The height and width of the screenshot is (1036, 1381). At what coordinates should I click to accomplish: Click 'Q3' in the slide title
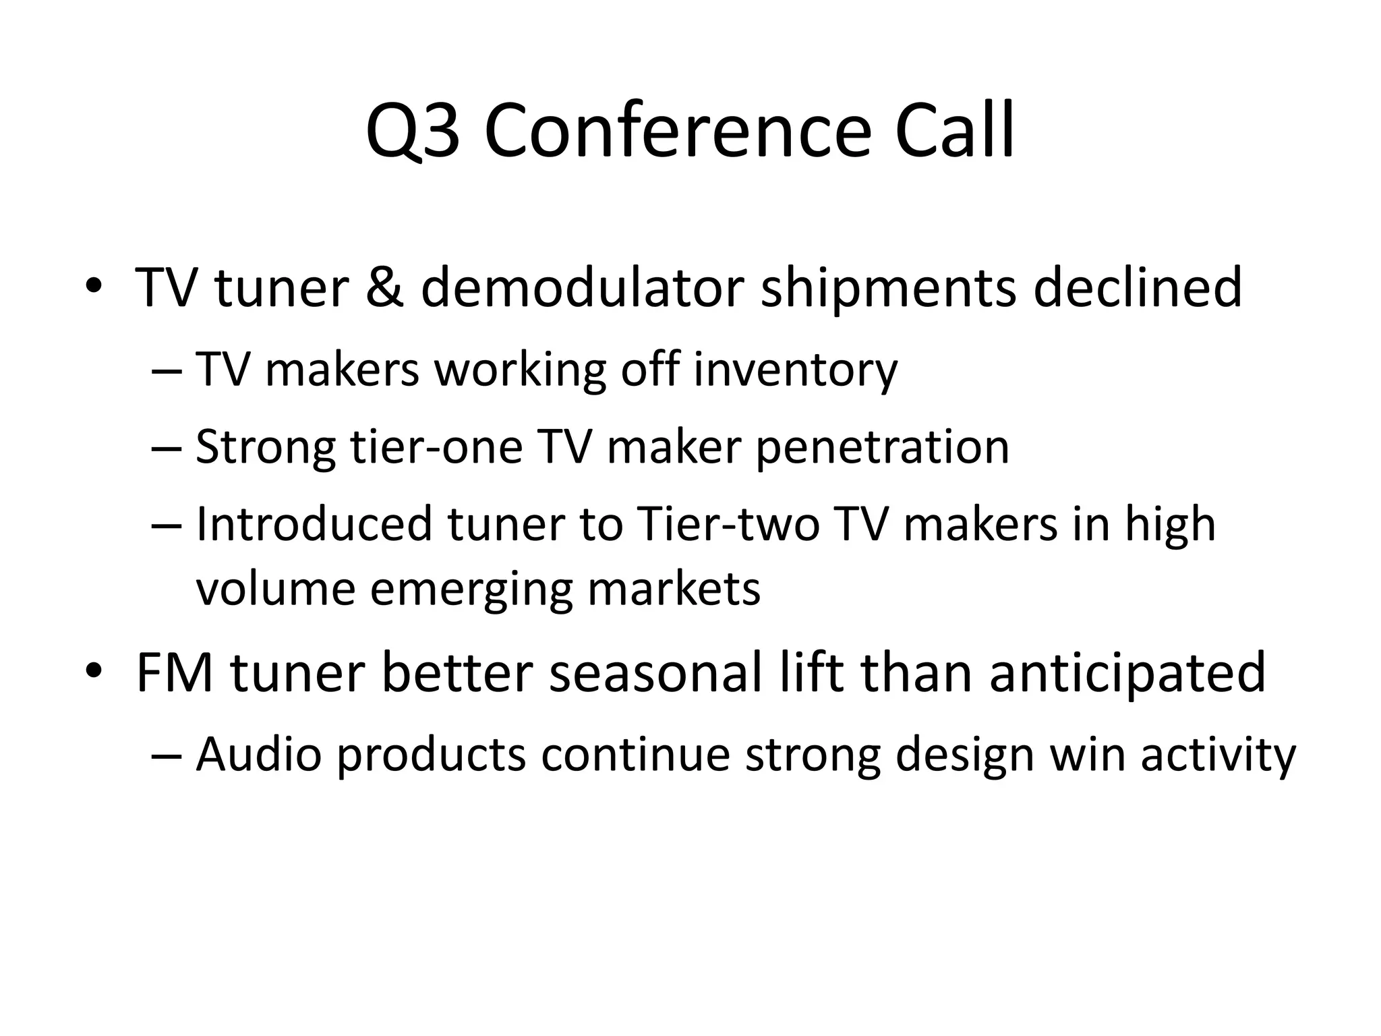coord(413,132)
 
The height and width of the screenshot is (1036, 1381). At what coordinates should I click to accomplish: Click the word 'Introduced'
coord(314,524)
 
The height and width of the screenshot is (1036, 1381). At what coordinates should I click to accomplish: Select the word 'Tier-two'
coord(728,524)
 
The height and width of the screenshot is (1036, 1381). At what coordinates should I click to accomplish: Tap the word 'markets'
coord(674,589)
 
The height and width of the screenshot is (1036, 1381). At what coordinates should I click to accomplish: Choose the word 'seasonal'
coord(655,672)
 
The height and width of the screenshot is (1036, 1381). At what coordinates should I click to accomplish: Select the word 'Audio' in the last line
coord(259,754)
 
